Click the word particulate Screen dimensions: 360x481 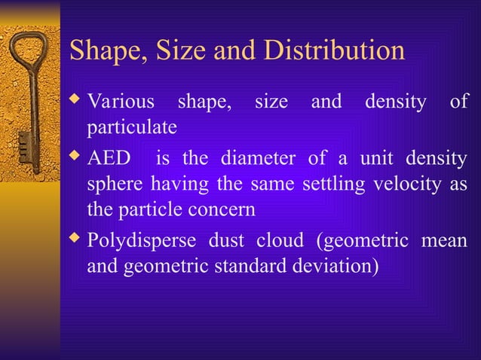tap(132, 127)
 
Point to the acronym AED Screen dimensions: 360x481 tap(109, 160)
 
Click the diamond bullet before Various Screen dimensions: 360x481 tap(74, 101)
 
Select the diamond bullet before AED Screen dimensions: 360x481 tap(74, 159)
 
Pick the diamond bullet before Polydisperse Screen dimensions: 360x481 tap(74, 241)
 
